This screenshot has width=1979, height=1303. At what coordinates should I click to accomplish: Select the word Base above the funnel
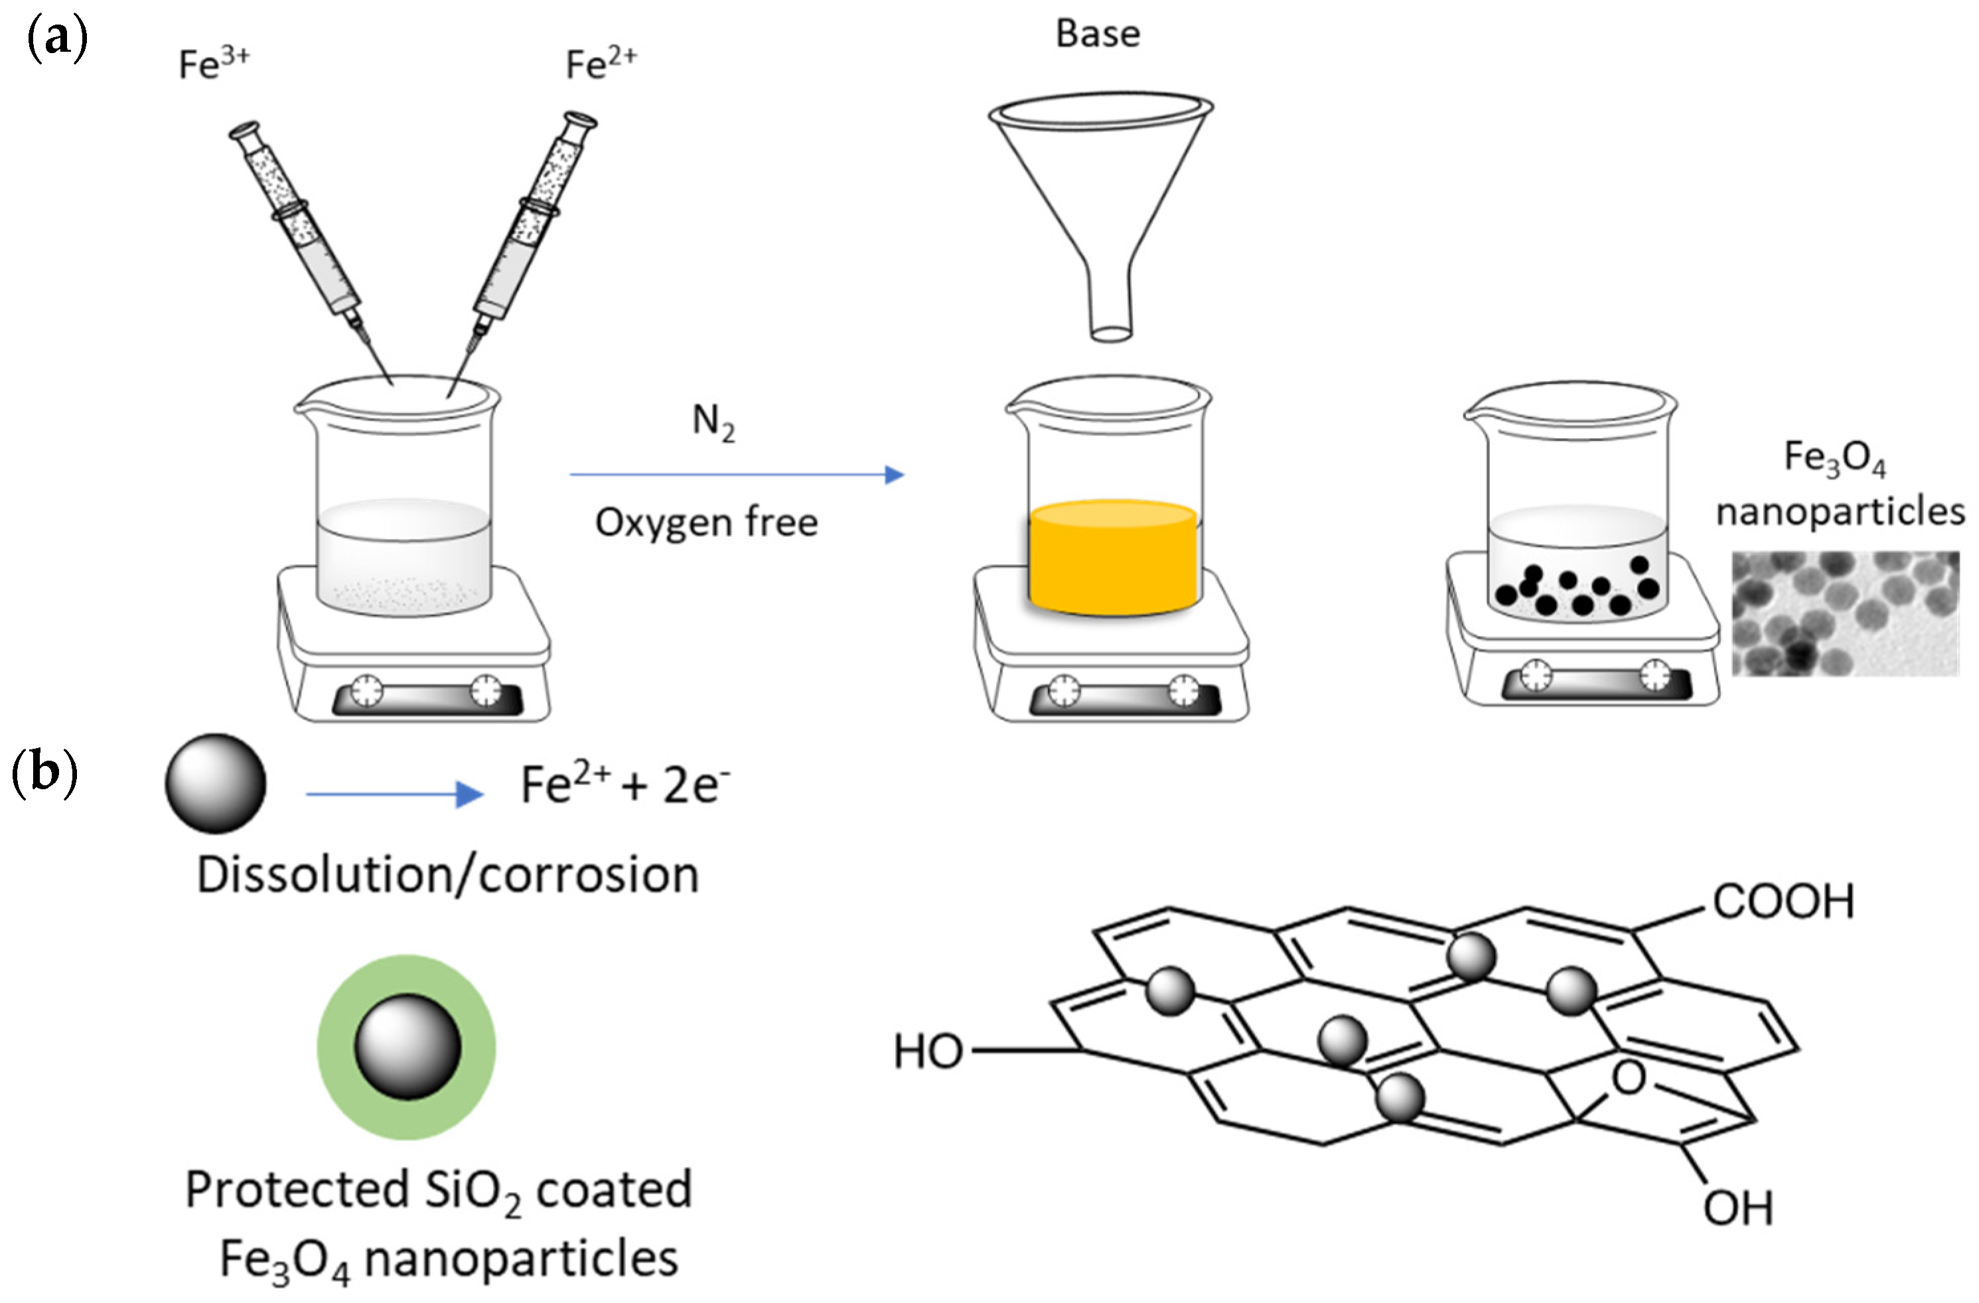(x=1098, y=34)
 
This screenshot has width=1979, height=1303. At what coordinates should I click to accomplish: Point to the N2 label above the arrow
(x=713, y=422)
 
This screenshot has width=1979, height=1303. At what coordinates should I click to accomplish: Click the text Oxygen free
(x=707, y=522)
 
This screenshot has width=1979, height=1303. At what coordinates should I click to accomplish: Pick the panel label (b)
(x=45, y=773)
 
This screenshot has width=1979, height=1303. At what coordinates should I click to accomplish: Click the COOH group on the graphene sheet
(x=1784, y=901)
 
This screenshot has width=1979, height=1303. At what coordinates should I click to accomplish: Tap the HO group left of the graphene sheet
(x=928, y=1052)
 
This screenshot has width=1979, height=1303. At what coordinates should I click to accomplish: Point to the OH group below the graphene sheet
(x=1738, y=1207)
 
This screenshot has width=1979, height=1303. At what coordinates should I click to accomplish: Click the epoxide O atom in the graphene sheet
(x=1628, y=1079)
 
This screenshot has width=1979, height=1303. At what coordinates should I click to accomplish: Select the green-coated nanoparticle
(x=407, y=1046)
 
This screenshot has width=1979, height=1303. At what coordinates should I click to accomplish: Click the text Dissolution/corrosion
(x=447, y=876)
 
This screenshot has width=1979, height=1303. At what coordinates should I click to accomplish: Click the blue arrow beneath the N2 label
(x=736, y=475)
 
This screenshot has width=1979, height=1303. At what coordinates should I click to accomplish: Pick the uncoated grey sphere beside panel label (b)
(x=216, y=783)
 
